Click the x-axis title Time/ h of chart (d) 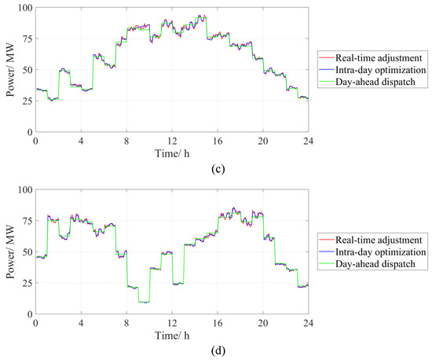(x=172, y=330)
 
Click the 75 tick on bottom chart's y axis (x=26, y=221)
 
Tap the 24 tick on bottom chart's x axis (x=309, y=321)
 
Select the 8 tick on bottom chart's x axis (x=126, y=321)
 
